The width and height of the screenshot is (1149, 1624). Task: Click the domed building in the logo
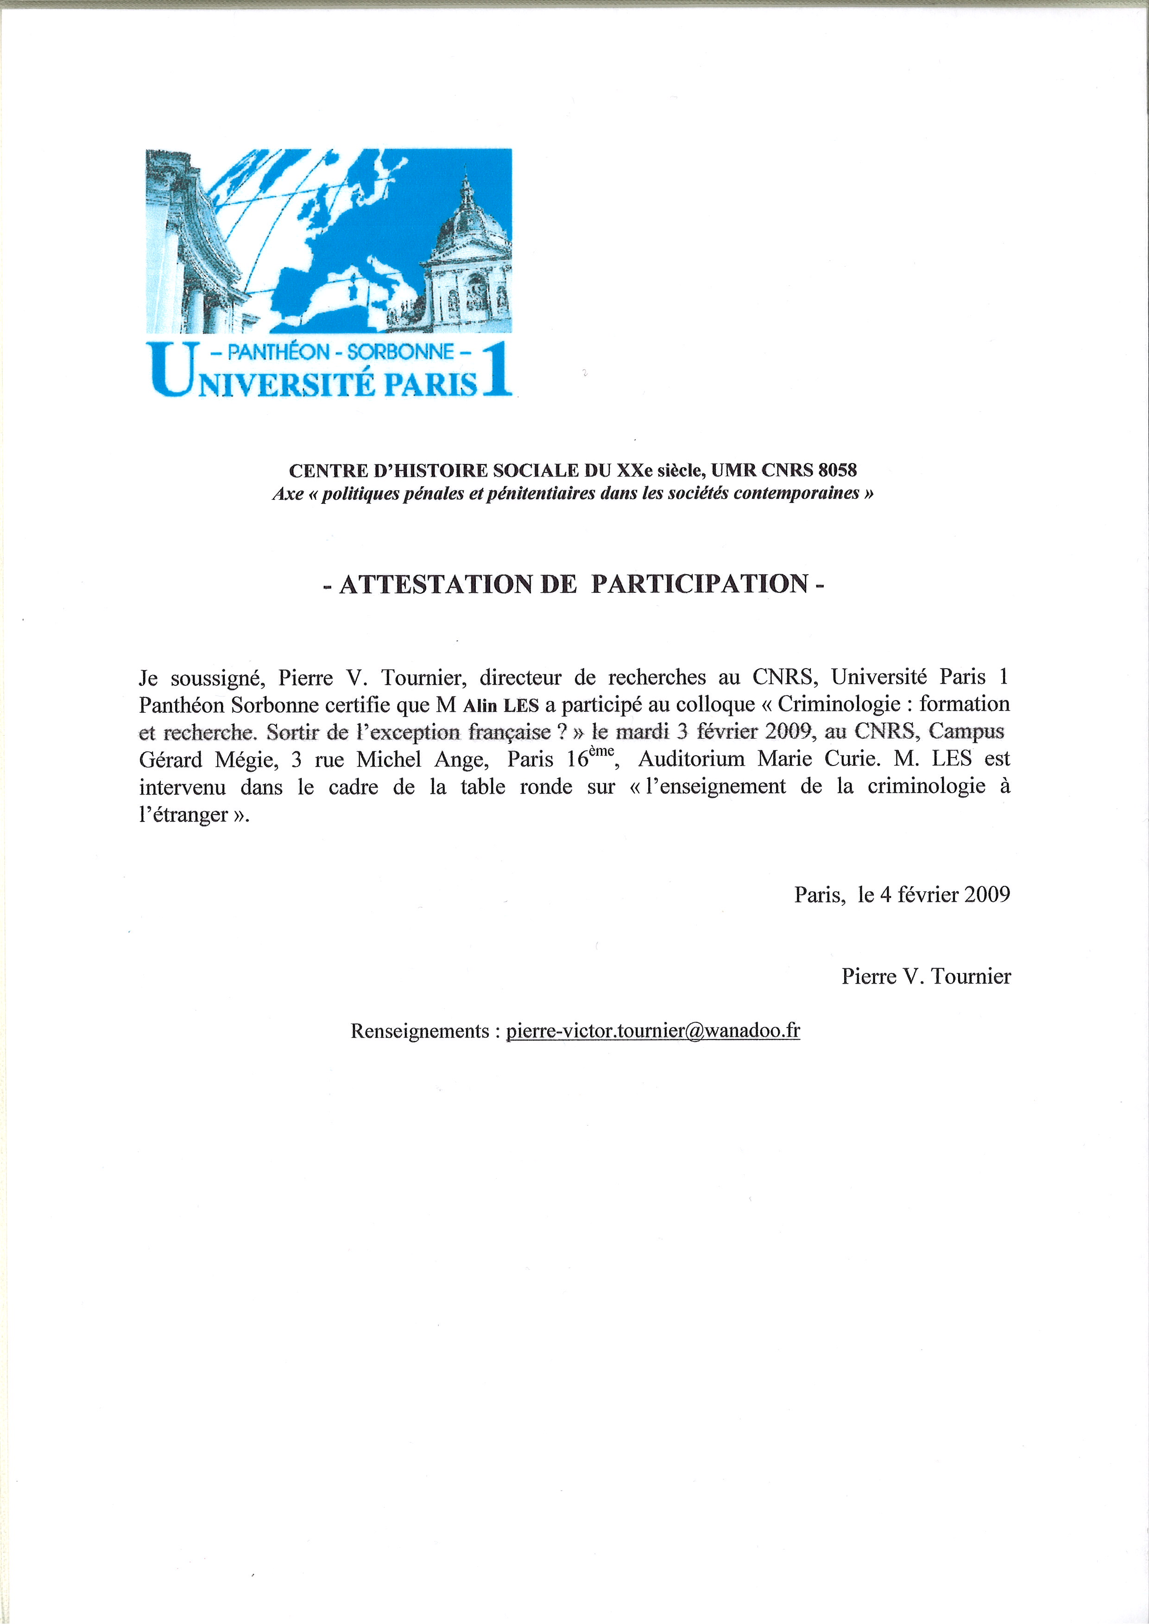pos(467,262)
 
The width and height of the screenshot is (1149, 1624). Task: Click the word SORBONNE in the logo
pos(400,351)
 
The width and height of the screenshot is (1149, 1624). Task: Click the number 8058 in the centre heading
pos(837,470)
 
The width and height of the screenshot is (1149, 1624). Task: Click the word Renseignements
pos(420,1031)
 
